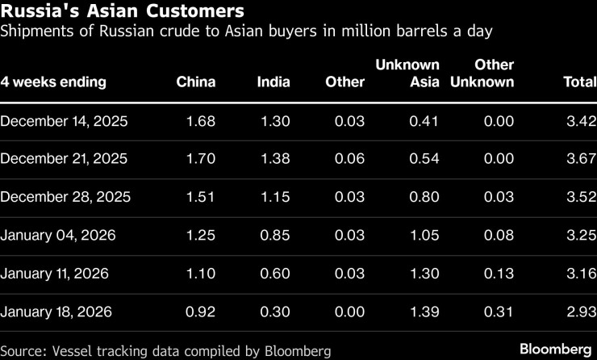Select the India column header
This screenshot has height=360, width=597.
(x=273, y=82)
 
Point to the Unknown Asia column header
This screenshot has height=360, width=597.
(x=407, y=73)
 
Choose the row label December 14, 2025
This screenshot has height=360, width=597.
(x=65, y=121)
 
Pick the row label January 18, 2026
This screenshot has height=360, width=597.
(x=56, y=311)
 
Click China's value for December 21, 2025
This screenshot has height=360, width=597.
(x=201, y=159)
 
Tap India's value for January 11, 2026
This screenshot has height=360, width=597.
(x=275, y=273)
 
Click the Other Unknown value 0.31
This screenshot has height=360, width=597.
(x=499, y=311)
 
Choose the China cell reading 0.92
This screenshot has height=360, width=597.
(x=201, y=311)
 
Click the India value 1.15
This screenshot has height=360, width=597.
(x=275, y=197)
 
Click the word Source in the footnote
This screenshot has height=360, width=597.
(x=24, y=350)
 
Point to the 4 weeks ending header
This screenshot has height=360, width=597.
(x=53, y=82)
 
